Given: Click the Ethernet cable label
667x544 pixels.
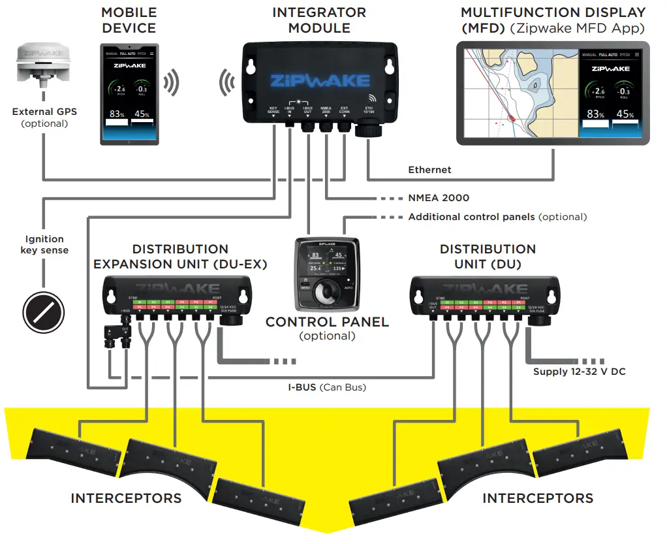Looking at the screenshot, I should pos(429,170).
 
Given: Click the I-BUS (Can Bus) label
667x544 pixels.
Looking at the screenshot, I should pos(327,387).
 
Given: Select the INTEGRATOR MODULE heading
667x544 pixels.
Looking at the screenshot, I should pos(319,20).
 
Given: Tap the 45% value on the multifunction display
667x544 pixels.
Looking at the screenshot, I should pos(625,114).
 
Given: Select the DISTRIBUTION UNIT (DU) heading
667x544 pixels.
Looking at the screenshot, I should pos(488,256).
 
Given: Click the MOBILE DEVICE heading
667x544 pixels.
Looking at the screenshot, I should pos(129,20).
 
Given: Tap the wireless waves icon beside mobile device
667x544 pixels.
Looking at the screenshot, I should pos(171,82).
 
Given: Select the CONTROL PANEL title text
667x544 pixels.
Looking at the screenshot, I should pos(327,322).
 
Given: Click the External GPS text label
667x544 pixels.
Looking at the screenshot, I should pos(44,112).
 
